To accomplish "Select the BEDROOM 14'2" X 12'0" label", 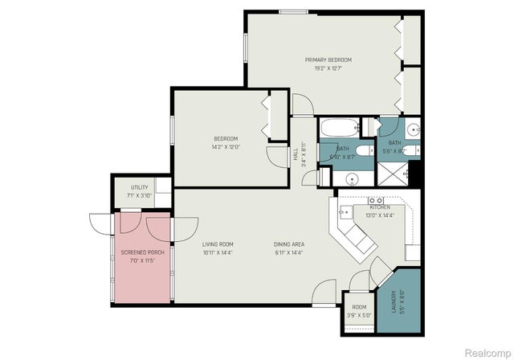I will [x=225, y=143].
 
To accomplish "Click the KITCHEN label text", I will [x=380, y=207].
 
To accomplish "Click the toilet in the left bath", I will [x=363, y=152].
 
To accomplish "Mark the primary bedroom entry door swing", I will [x=303, y=105].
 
